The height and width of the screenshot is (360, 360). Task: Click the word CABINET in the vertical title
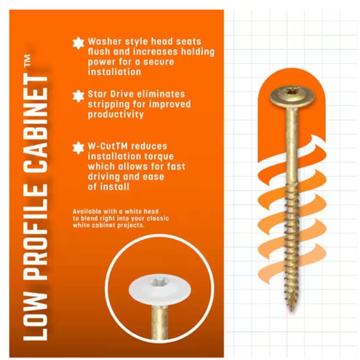pyautogui.click(x=36, y=124)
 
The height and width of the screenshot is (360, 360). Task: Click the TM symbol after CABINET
pyautogui.click(x=27, y=60)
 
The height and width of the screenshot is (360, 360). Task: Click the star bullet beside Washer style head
pyautogui.click(x=78, y=43)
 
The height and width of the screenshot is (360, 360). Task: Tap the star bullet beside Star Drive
pyautogui.click(x=78, y=96)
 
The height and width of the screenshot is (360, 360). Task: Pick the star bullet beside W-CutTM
pyautogui.click(x=78, y=148)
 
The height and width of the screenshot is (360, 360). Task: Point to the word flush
pyautogui.click(x=99, y=52)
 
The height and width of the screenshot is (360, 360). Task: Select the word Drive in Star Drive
pyautogui.click(x=122, y=94)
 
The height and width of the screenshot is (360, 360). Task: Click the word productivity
pyautogui.click(x=116, y=115)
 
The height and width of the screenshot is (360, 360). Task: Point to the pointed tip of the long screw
pyautogui.click(x=292, y=310)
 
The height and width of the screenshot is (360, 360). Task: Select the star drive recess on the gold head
pyautogui.click(x=292, y=93)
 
